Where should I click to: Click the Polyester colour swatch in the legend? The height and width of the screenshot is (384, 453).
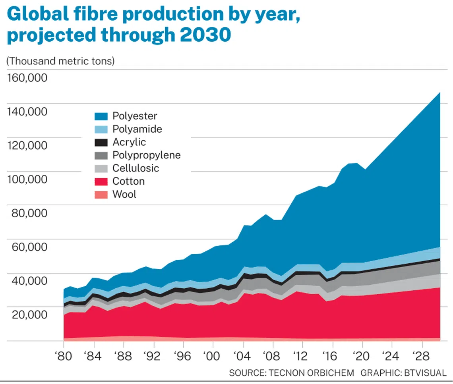(x=101, y=116)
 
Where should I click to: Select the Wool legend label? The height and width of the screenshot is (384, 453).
(x=124, y=194)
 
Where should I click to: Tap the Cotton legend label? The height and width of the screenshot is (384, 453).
(x=128, y=181)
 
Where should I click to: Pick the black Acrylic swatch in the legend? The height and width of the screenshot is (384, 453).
(x=101, y=142)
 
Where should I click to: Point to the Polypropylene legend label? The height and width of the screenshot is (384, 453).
(x=146, y=155)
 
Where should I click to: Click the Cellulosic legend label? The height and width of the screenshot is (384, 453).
(x=136, y=168)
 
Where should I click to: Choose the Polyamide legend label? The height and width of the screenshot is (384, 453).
(x=137, y=129)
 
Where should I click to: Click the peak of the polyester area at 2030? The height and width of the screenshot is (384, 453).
(x=439, y=93)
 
